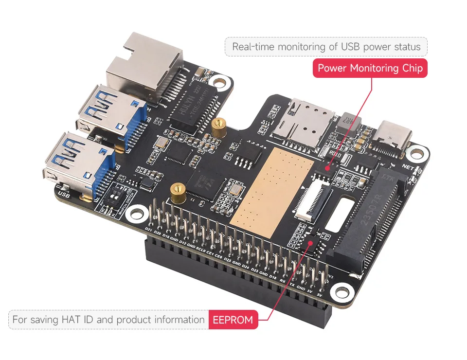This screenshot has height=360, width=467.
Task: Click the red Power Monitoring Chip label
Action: point(370,68)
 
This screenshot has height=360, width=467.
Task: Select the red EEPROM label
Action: point(233,320)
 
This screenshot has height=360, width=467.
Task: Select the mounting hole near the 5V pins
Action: point(341,291)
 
